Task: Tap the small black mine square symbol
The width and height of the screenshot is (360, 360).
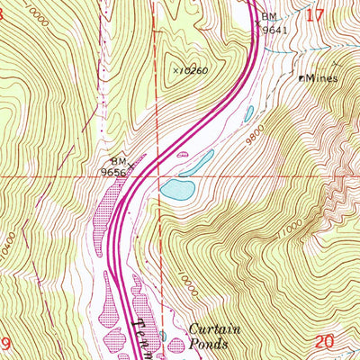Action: (x=301, y=77)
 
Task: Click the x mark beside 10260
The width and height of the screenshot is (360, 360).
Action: (x=175, y=68)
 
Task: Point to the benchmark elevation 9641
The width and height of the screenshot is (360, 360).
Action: (x=274, y=29)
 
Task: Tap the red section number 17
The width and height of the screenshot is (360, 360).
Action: (x=314, y=15)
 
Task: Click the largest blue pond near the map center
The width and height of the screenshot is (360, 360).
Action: (x=177, y=189)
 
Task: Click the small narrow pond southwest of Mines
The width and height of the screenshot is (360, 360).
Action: (x=247, y=113)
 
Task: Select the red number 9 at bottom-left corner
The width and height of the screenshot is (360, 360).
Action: (x=5, y=343)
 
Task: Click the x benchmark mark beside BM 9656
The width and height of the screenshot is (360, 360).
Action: (x=131, y=165)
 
